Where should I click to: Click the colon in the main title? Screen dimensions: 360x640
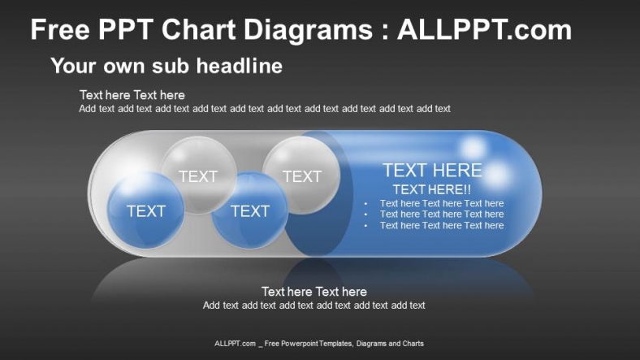(x=385, y=33)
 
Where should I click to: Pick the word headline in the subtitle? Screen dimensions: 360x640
(x=239, y=66)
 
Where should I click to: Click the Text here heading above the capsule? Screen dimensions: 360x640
(x=132, y=95)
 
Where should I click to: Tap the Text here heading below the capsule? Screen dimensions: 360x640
(x=314, y=292)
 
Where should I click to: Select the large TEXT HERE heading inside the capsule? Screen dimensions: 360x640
(x=432, y=171)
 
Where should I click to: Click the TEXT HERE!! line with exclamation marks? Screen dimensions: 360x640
(x=431, y=189)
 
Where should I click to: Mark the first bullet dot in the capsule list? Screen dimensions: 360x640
(x=366, y=204)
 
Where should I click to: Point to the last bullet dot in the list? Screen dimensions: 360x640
(x=366, y=226)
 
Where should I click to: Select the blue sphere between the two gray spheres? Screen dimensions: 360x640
(x=249, y=210)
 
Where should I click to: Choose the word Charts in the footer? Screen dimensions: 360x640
(x=412, y=344)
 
